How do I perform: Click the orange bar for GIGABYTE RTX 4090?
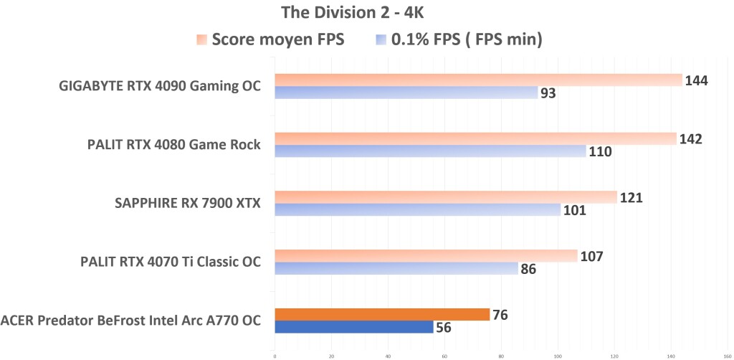click(x=478, y=80)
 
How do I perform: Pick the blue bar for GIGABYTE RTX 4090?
click(x=406, y=93)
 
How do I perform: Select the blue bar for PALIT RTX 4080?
click(x=430, y=151)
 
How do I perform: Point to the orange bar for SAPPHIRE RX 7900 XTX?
click(x=445, y=197)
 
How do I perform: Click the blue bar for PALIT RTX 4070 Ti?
click(x=397, y=268)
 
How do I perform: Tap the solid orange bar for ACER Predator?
click(x=382, y=314)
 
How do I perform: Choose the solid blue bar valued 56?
click(x=353, y=327)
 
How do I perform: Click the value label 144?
click(x=696, y=80)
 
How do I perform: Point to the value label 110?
click(x=600, y=152)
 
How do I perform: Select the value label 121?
click(x=631, y=197)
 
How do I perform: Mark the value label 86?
click(x=528, y=270)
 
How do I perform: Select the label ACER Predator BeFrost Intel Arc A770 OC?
click(x=131, y=321)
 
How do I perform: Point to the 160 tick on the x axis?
click(x=727, y=354)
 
